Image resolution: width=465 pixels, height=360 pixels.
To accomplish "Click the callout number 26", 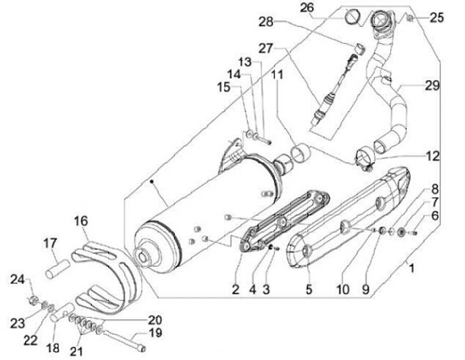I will (x=307, y=8).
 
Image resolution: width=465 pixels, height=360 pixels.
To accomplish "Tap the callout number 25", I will (x=437, y=17).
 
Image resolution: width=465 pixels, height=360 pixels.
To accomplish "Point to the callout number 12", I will (x=432, y=155).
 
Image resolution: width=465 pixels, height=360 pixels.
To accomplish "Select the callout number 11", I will (x=277, y=75).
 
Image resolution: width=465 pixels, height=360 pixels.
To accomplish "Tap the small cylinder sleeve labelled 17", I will (x=56, y=265).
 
